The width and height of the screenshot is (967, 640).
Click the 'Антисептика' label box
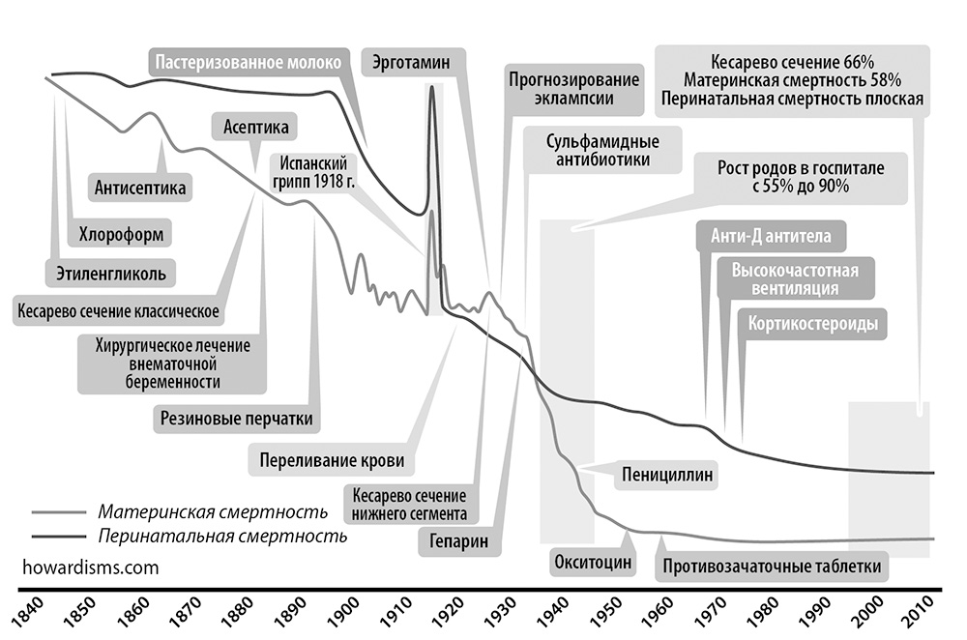coord(141,187)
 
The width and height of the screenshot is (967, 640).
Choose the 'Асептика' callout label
coord(255,127)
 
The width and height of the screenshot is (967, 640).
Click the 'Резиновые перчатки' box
coord(238,419)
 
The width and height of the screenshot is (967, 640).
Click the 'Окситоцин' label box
coord(593,561)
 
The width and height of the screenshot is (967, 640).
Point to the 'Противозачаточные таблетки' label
coord(774,566)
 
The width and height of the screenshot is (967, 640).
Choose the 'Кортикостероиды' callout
coord(813,323)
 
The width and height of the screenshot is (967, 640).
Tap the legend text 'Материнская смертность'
coord(213,511)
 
